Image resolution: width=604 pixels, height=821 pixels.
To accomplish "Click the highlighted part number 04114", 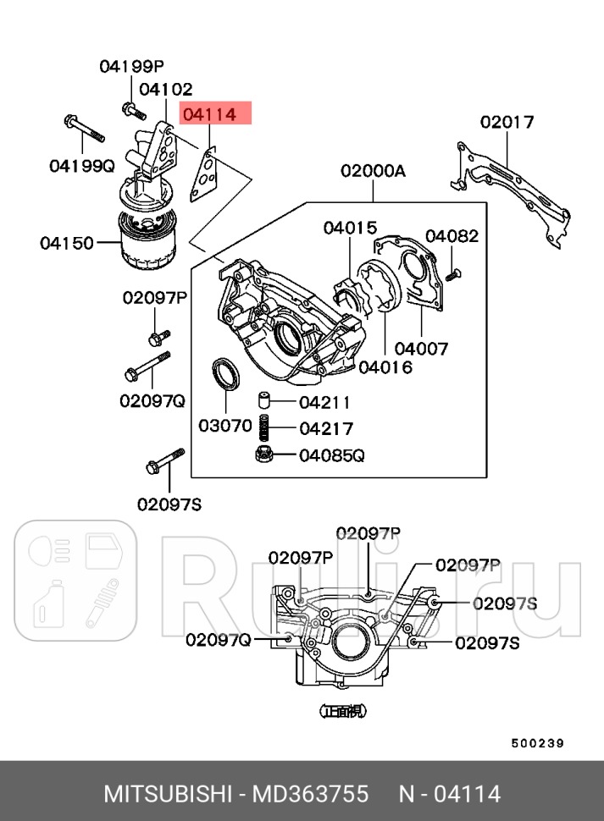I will coord(209,113).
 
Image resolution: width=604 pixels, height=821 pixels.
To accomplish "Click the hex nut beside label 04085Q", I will coord(264,455).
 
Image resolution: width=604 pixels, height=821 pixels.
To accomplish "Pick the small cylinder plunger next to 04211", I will coord(263,400).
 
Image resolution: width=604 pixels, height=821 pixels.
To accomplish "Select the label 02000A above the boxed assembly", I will coord(373,171).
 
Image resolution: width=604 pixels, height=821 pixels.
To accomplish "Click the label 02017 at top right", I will coord(507,122).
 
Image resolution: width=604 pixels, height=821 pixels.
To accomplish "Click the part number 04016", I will coord(385,366).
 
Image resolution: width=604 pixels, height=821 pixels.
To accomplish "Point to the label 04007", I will coord(421,348).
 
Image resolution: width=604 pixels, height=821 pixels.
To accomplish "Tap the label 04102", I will coord(165,89).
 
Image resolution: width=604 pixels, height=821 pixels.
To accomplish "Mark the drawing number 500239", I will coord(537,743).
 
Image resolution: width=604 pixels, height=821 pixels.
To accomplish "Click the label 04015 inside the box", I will coord(349,227).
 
